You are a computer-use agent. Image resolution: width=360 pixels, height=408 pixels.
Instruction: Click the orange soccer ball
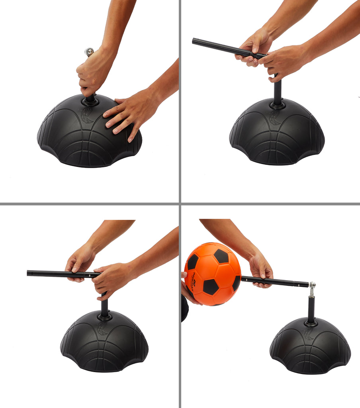tap(212, 274)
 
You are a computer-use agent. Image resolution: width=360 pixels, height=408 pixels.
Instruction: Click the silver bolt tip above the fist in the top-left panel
tap(89, 51)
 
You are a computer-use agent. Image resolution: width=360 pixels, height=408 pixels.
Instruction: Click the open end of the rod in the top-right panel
tap(194, 41)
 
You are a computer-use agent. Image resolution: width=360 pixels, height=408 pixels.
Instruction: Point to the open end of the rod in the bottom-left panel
tap(29, 273)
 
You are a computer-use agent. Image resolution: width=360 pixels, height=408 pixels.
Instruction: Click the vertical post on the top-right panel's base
tap(277, 92)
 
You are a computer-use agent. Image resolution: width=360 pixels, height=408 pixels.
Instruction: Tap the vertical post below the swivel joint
tap(311, 309)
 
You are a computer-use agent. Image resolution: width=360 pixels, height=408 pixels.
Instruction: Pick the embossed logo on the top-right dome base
tap(274, 118)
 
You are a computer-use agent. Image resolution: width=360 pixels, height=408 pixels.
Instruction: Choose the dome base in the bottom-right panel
tap(310, 346)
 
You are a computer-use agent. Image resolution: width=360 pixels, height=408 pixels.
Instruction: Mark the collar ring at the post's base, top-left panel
tap(90, 102)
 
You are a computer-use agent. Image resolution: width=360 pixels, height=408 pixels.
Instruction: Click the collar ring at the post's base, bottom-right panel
tap(311, 323)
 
